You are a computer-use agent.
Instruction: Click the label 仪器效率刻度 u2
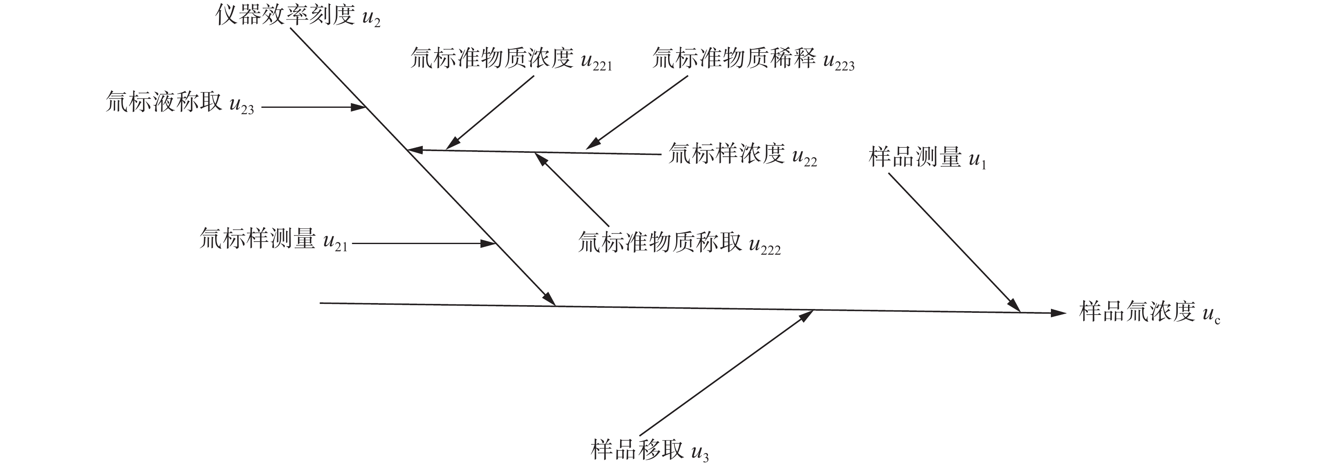[298, 16]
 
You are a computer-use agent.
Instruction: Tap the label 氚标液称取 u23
[180, 103]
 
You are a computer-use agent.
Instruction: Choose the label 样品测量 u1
[927, 158]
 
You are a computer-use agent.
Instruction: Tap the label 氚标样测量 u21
[273, 240]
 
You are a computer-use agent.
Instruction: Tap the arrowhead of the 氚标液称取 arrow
[359, 107]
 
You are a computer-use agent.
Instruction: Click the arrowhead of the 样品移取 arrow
[806, 315]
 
